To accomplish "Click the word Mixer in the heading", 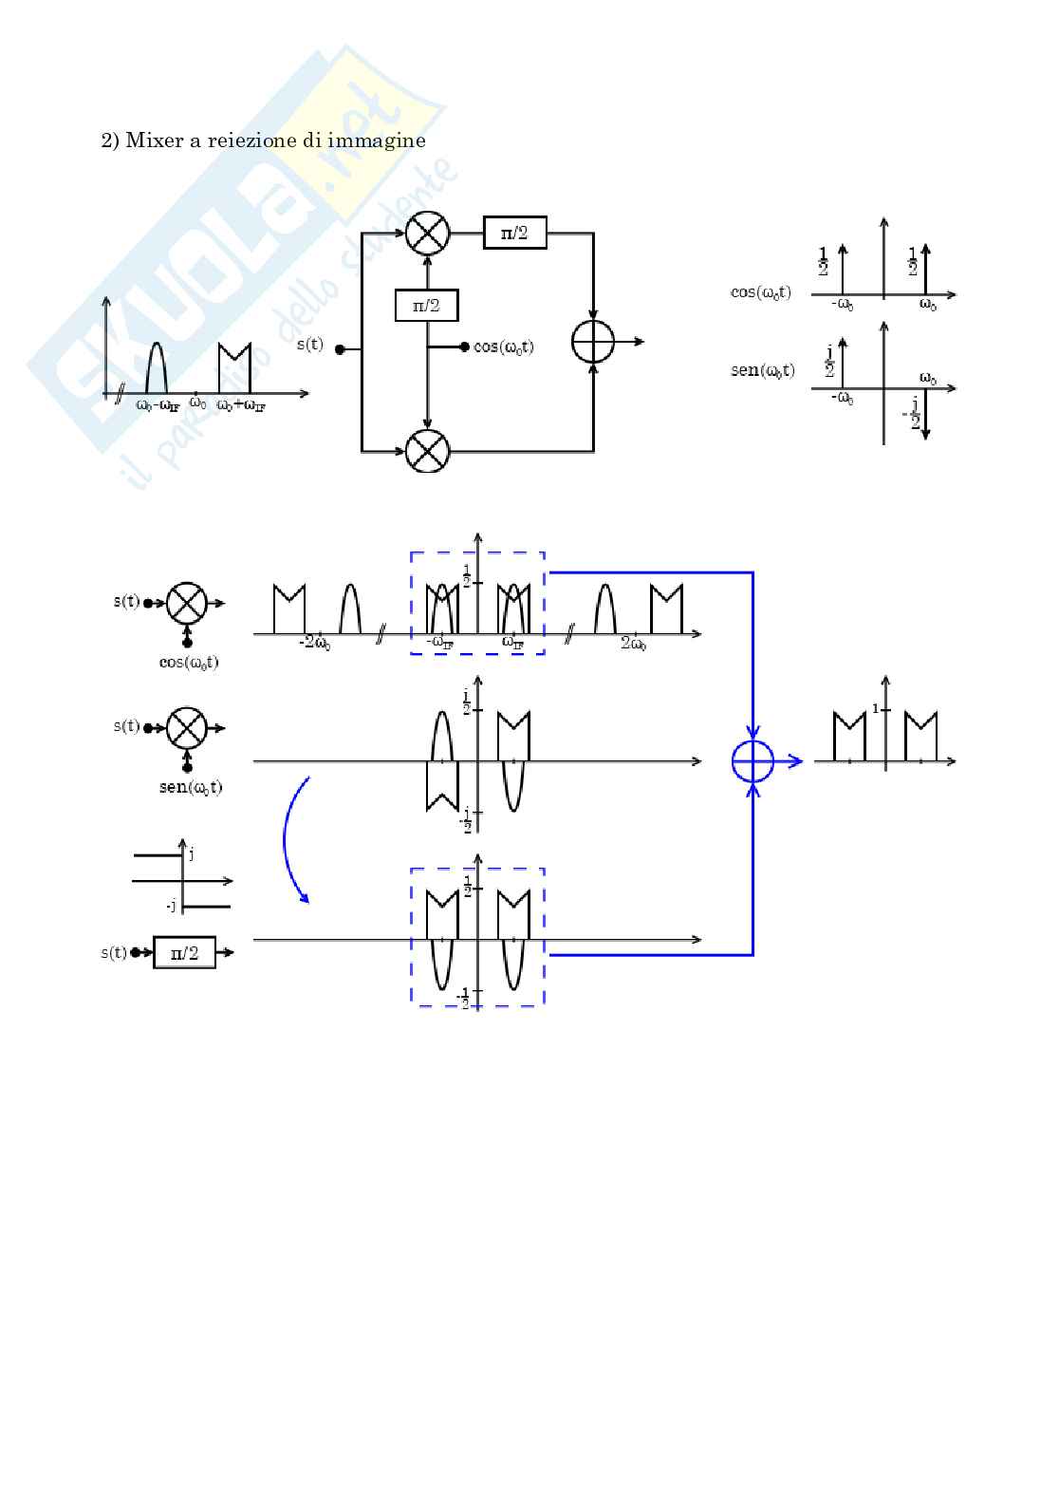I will click(154, 141).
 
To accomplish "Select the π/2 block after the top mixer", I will click(514, 233).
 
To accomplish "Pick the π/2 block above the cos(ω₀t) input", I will click(426, 306).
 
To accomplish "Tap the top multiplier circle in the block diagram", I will click(427, 233).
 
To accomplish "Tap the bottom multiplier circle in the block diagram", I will click(427, 450).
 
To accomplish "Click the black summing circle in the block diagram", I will click(593, 342).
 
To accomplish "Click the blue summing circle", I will click(752, 761).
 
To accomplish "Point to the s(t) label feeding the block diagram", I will click(310, 345).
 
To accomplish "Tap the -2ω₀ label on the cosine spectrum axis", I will click(314, 644).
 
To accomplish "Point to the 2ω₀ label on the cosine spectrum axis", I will click(634, 644).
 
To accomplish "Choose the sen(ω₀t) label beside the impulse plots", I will click(762, 370).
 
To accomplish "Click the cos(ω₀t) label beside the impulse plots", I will click(761, 292).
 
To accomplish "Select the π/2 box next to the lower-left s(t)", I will click(184, 952).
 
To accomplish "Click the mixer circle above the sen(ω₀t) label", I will click(186, 729).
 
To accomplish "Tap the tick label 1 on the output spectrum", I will click(875, 708).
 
